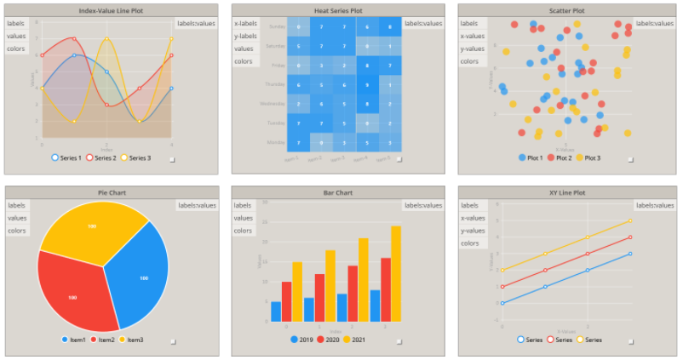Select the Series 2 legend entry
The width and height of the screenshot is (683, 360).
pos(106,157)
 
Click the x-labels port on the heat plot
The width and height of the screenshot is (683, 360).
pos(245,23)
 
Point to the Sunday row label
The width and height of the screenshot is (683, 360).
pos(277,27)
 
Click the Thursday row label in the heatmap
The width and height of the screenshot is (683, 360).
pos(275,84)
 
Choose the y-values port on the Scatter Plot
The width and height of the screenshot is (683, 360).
pos(473,49)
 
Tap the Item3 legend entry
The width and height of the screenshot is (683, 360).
pos(130,340)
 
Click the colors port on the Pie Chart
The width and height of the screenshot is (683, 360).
pos(17,231)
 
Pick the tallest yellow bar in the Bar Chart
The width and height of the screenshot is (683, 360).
pos(396,272)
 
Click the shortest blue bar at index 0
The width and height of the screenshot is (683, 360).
pos(276,311)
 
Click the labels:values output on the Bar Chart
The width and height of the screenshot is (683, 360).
pos(423,205)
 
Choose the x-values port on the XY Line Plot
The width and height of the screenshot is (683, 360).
pos(473,218)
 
